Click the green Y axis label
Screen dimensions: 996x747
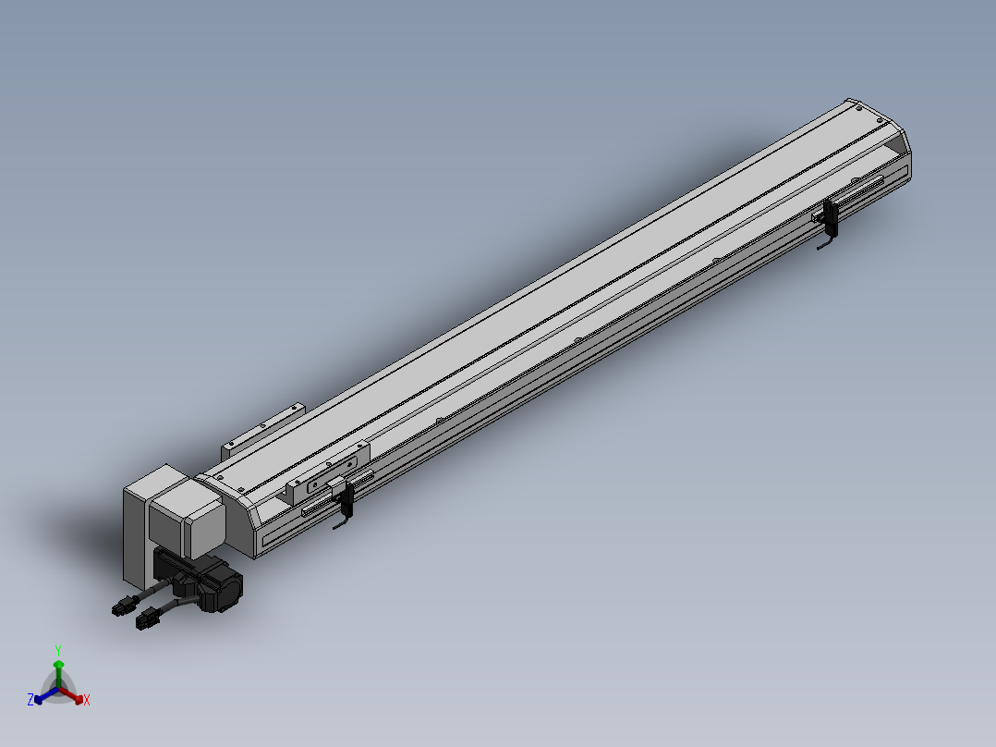coord(58,650)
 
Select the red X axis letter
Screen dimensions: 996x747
coord(87,700)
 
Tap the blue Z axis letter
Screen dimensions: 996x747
coord(30,699)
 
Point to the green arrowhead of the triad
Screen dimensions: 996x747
coord(58,665)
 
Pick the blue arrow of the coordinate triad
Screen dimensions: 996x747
coord(46,695)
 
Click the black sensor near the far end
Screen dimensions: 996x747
coord(830,217)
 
